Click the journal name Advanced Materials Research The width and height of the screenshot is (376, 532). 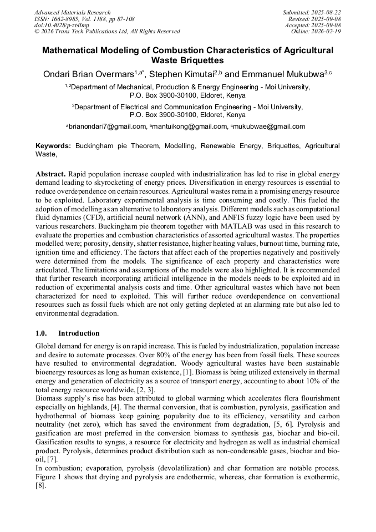(72, 12)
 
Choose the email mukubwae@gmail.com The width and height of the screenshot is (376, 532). (271, 126)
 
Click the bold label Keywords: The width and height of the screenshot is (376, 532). (53, 146)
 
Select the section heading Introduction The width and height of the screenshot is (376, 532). (79, 333)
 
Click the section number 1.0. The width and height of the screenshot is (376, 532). (42, 333)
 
